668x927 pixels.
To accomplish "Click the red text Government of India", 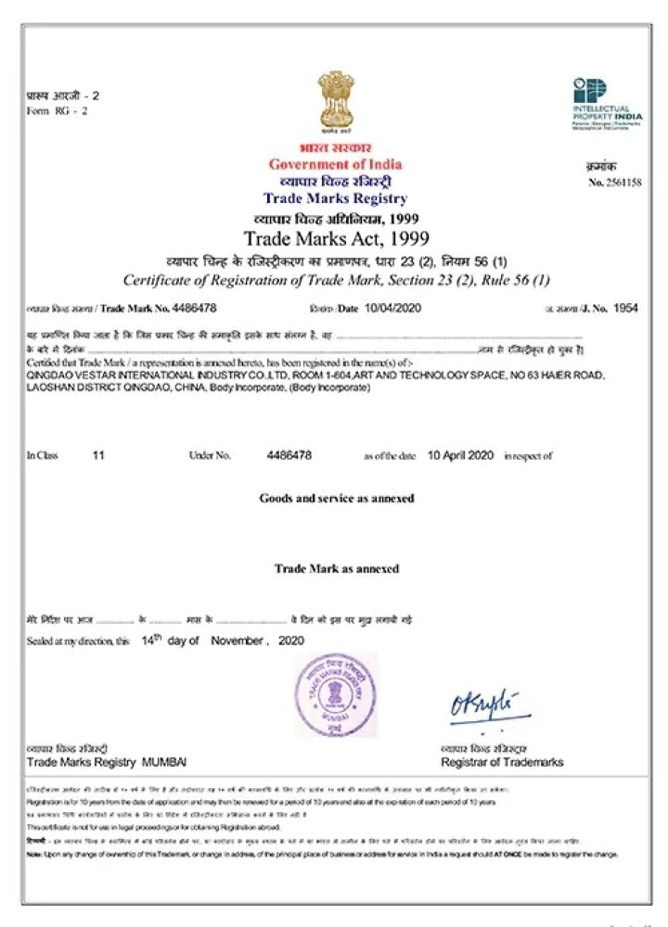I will (335, 165).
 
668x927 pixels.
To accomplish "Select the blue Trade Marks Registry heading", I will (335, 198).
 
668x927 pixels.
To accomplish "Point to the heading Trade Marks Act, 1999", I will (335, 237).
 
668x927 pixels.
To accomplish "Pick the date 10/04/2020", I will (393, 308).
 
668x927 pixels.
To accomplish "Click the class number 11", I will (99, 455).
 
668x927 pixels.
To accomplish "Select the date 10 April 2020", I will (460, 455).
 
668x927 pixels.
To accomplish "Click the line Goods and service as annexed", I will (336, 498).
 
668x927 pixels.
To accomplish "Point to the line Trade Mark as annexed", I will (336, 568).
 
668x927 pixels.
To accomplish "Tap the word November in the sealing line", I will (237, 641).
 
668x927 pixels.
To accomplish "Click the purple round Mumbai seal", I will (336, 694).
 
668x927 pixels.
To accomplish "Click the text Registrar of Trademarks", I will (502, 762).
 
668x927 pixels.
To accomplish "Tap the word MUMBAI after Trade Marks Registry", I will (164, 762).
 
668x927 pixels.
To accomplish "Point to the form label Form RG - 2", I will (57, 110).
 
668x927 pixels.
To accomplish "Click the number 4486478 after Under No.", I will (289, 455).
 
